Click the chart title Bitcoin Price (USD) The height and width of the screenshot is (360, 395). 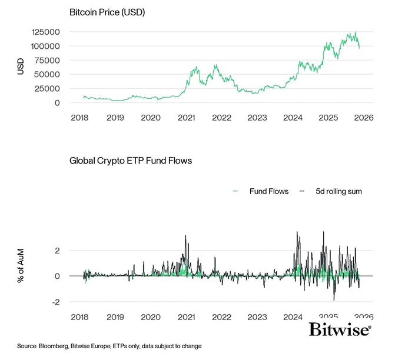click(107, 12)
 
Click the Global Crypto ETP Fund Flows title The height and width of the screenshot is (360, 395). click(131, 160)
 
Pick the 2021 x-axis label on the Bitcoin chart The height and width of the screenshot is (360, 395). click(186, 118)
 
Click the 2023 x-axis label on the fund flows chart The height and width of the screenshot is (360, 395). click(257, 317)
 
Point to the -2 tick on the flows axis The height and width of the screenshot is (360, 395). click(57, 302)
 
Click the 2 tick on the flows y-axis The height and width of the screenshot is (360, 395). click(58, 250)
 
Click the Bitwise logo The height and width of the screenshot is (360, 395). click(340, 329)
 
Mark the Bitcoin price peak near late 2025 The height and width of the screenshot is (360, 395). click(354, 32)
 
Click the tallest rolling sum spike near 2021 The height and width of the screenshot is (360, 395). click(185, 236)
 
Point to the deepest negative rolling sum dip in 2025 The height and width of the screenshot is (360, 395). click(334, 299)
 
